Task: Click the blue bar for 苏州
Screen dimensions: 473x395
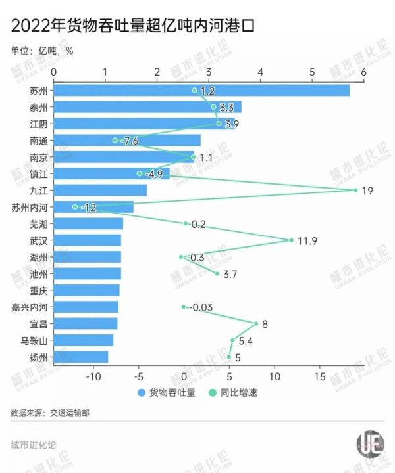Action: point(201,90)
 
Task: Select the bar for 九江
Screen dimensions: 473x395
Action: point(100,190)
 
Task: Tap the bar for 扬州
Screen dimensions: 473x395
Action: point(80,357)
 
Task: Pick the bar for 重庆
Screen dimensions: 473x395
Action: point(86,290)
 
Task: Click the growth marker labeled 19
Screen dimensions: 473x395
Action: point(355,191)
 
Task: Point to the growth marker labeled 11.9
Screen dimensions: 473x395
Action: point(291,240)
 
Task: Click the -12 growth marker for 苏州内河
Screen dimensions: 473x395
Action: point(74,207)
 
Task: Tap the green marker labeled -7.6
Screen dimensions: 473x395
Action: point(115,140)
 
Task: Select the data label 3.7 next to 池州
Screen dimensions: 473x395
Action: point(231,273)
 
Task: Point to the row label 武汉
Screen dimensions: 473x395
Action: point(39,240)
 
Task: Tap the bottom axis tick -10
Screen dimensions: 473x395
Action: point(94,376)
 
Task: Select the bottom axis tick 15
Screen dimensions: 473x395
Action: point(320,376)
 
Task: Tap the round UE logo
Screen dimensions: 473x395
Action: point(370,443)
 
